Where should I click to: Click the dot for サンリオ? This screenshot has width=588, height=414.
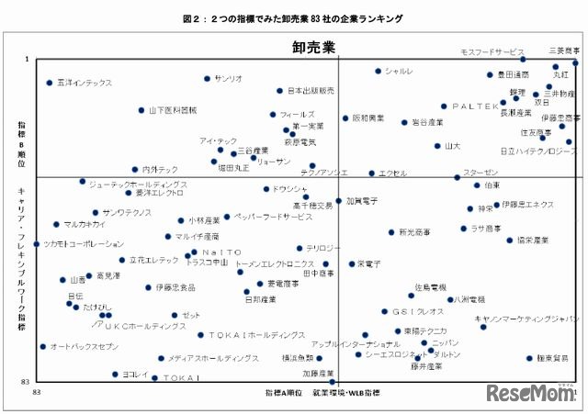[207, 79]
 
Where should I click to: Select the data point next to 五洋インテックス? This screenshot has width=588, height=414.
[50, 83]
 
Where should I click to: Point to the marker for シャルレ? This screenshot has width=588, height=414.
[378, 71]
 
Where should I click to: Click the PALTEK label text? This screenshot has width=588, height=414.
[475, 106]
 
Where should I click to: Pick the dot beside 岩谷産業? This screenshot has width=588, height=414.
[404, 122]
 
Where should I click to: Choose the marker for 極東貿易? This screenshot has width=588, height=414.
[529, 359]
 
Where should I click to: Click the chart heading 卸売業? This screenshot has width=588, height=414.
[313, 46]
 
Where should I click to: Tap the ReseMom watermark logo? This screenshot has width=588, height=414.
[531, 394]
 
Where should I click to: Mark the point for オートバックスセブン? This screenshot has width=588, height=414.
[42, 347]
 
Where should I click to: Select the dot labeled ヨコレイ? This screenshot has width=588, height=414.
[115, 375]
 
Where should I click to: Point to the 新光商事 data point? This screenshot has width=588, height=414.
[390, 232]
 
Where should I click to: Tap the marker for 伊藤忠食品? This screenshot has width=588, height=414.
[148, 287]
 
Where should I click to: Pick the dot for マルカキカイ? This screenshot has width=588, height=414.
[56, 224]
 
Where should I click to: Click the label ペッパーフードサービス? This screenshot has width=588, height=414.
[274, 218]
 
